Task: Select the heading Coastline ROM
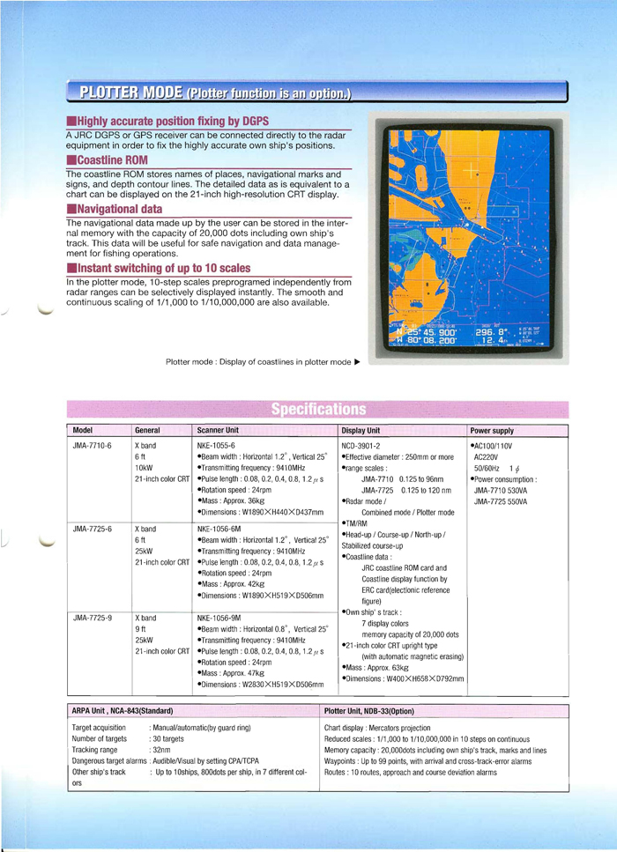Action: click(x=109, y=160)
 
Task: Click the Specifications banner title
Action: click(x=316, y=409)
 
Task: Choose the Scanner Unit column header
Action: click(x=220, y=430)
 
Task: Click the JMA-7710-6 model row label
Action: click(x=92, y=446)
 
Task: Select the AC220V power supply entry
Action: click(x=487, y=458)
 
